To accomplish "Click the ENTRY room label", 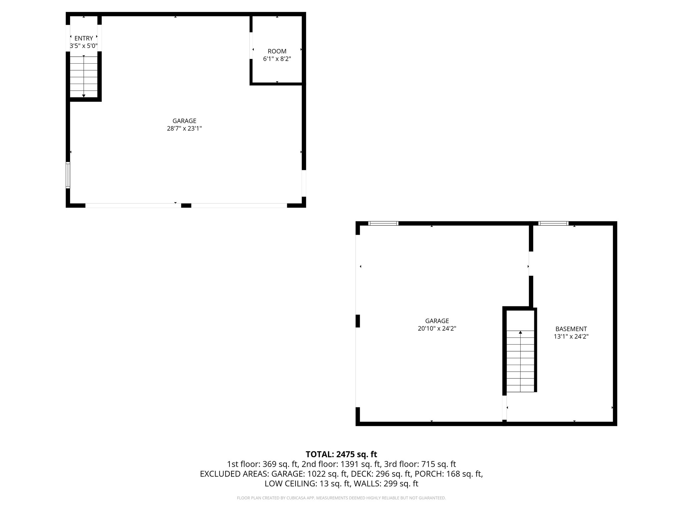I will pos(83,38).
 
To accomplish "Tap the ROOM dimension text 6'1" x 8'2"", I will pos(277,59).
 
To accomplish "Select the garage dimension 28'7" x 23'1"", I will pos(184,128).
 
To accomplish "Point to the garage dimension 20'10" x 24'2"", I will pos(437,328).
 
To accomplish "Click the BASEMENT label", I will pos(571,329).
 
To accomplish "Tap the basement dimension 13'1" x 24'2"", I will pos(571,337).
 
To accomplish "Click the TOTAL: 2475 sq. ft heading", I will pos(341,454).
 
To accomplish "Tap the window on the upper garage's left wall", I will pos(68,175).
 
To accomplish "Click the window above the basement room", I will pos(554,223).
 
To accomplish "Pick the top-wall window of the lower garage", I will pos(383,223).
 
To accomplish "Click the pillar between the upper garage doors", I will pos(186,206).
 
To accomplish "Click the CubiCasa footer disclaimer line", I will pos(341,498).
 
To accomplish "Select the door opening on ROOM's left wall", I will pos(251,46).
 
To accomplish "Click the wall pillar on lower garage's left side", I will pos(358,321).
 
